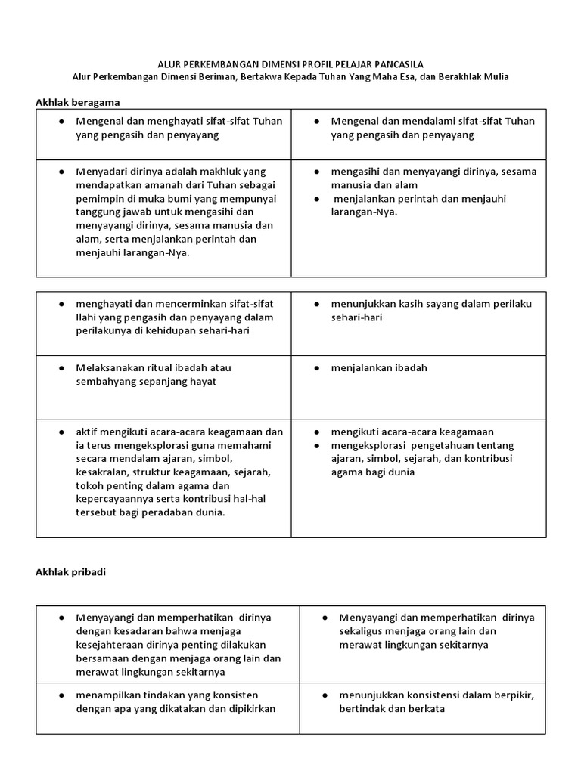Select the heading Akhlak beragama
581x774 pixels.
click(78, 101)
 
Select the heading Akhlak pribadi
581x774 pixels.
click(71, 572)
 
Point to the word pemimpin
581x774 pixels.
click(99, 199)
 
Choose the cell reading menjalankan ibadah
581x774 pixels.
click(379, 368)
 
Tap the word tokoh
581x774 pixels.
click(89, 486)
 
